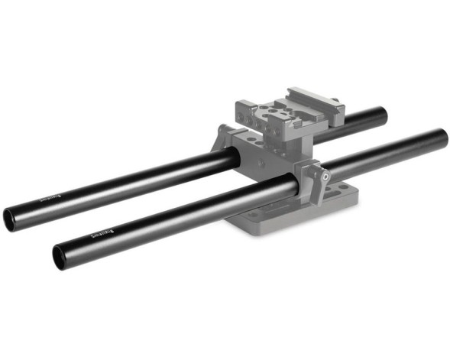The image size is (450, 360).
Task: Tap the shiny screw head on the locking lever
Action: tap(327, 176)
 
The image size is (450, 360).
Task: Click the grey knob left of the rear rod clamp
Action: tap(224, 135)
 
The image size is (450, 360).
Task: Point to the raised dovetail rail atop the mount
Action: tap(313, 100)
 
